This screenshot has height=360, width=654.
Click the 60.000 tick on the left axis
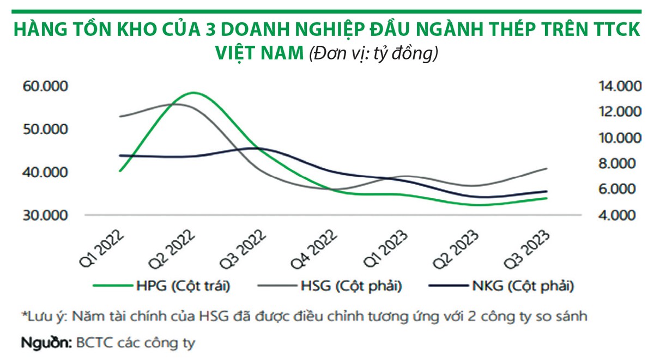click(44, 87)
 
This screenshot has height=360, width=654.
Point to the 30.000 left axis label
click(44, 215)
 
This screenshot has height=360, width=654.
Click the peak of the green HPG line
click(192, 93)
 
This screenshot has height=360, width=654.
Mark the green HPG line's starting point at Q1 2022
click(120, 171)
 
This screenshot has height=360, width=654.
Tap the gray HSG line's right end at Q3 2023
click(547, 168)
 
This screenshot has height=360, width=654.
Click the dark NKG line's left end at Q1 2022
click(120, 155)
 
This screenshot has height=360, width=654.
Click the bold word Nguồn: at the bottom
click(46, 343)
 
